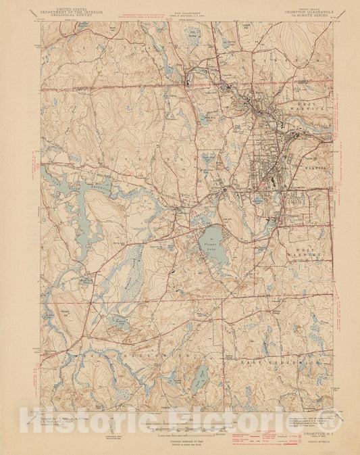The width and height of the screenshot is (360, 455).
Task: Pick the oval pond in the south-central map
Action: (201, 375)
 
